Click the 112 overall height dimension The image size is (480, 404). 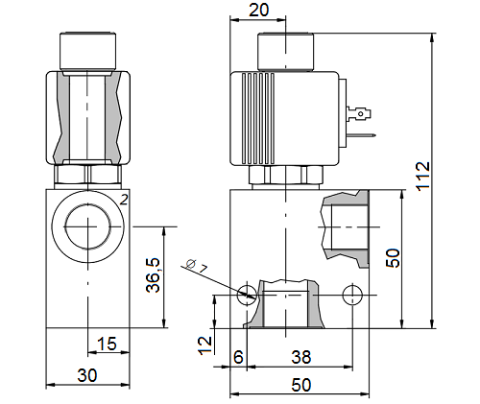423,177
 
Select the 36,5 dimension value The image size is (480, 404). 154,275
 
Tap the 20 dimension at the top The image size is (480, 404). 258,11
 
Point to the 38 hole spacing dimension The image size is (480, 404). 300,357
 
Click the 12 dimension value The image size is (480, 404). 205,345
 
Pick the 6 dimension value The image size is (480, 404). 238,357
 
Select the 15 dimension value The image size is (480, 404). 107,344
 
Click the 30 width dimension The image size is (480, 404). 87,375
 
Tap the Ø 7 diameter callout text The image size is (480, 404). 196,266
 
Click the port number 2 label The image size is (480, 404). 124,200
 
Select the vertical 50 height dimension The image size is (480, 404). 393,258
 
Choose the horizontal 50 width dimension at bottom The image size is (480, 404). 301,385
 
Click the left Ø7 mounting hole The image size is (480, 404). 247,295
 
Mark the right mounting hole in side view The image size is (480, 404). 352,295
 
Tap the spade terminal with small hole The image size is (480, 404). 359,114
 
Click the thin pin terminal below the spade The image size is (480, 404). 361,135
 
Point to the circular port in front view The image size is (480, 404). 87,226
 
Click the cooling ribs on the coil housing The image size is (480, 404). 258,118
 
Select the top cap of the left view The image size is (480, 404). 87,51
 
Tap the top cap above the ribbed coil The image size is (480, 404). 285,51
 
